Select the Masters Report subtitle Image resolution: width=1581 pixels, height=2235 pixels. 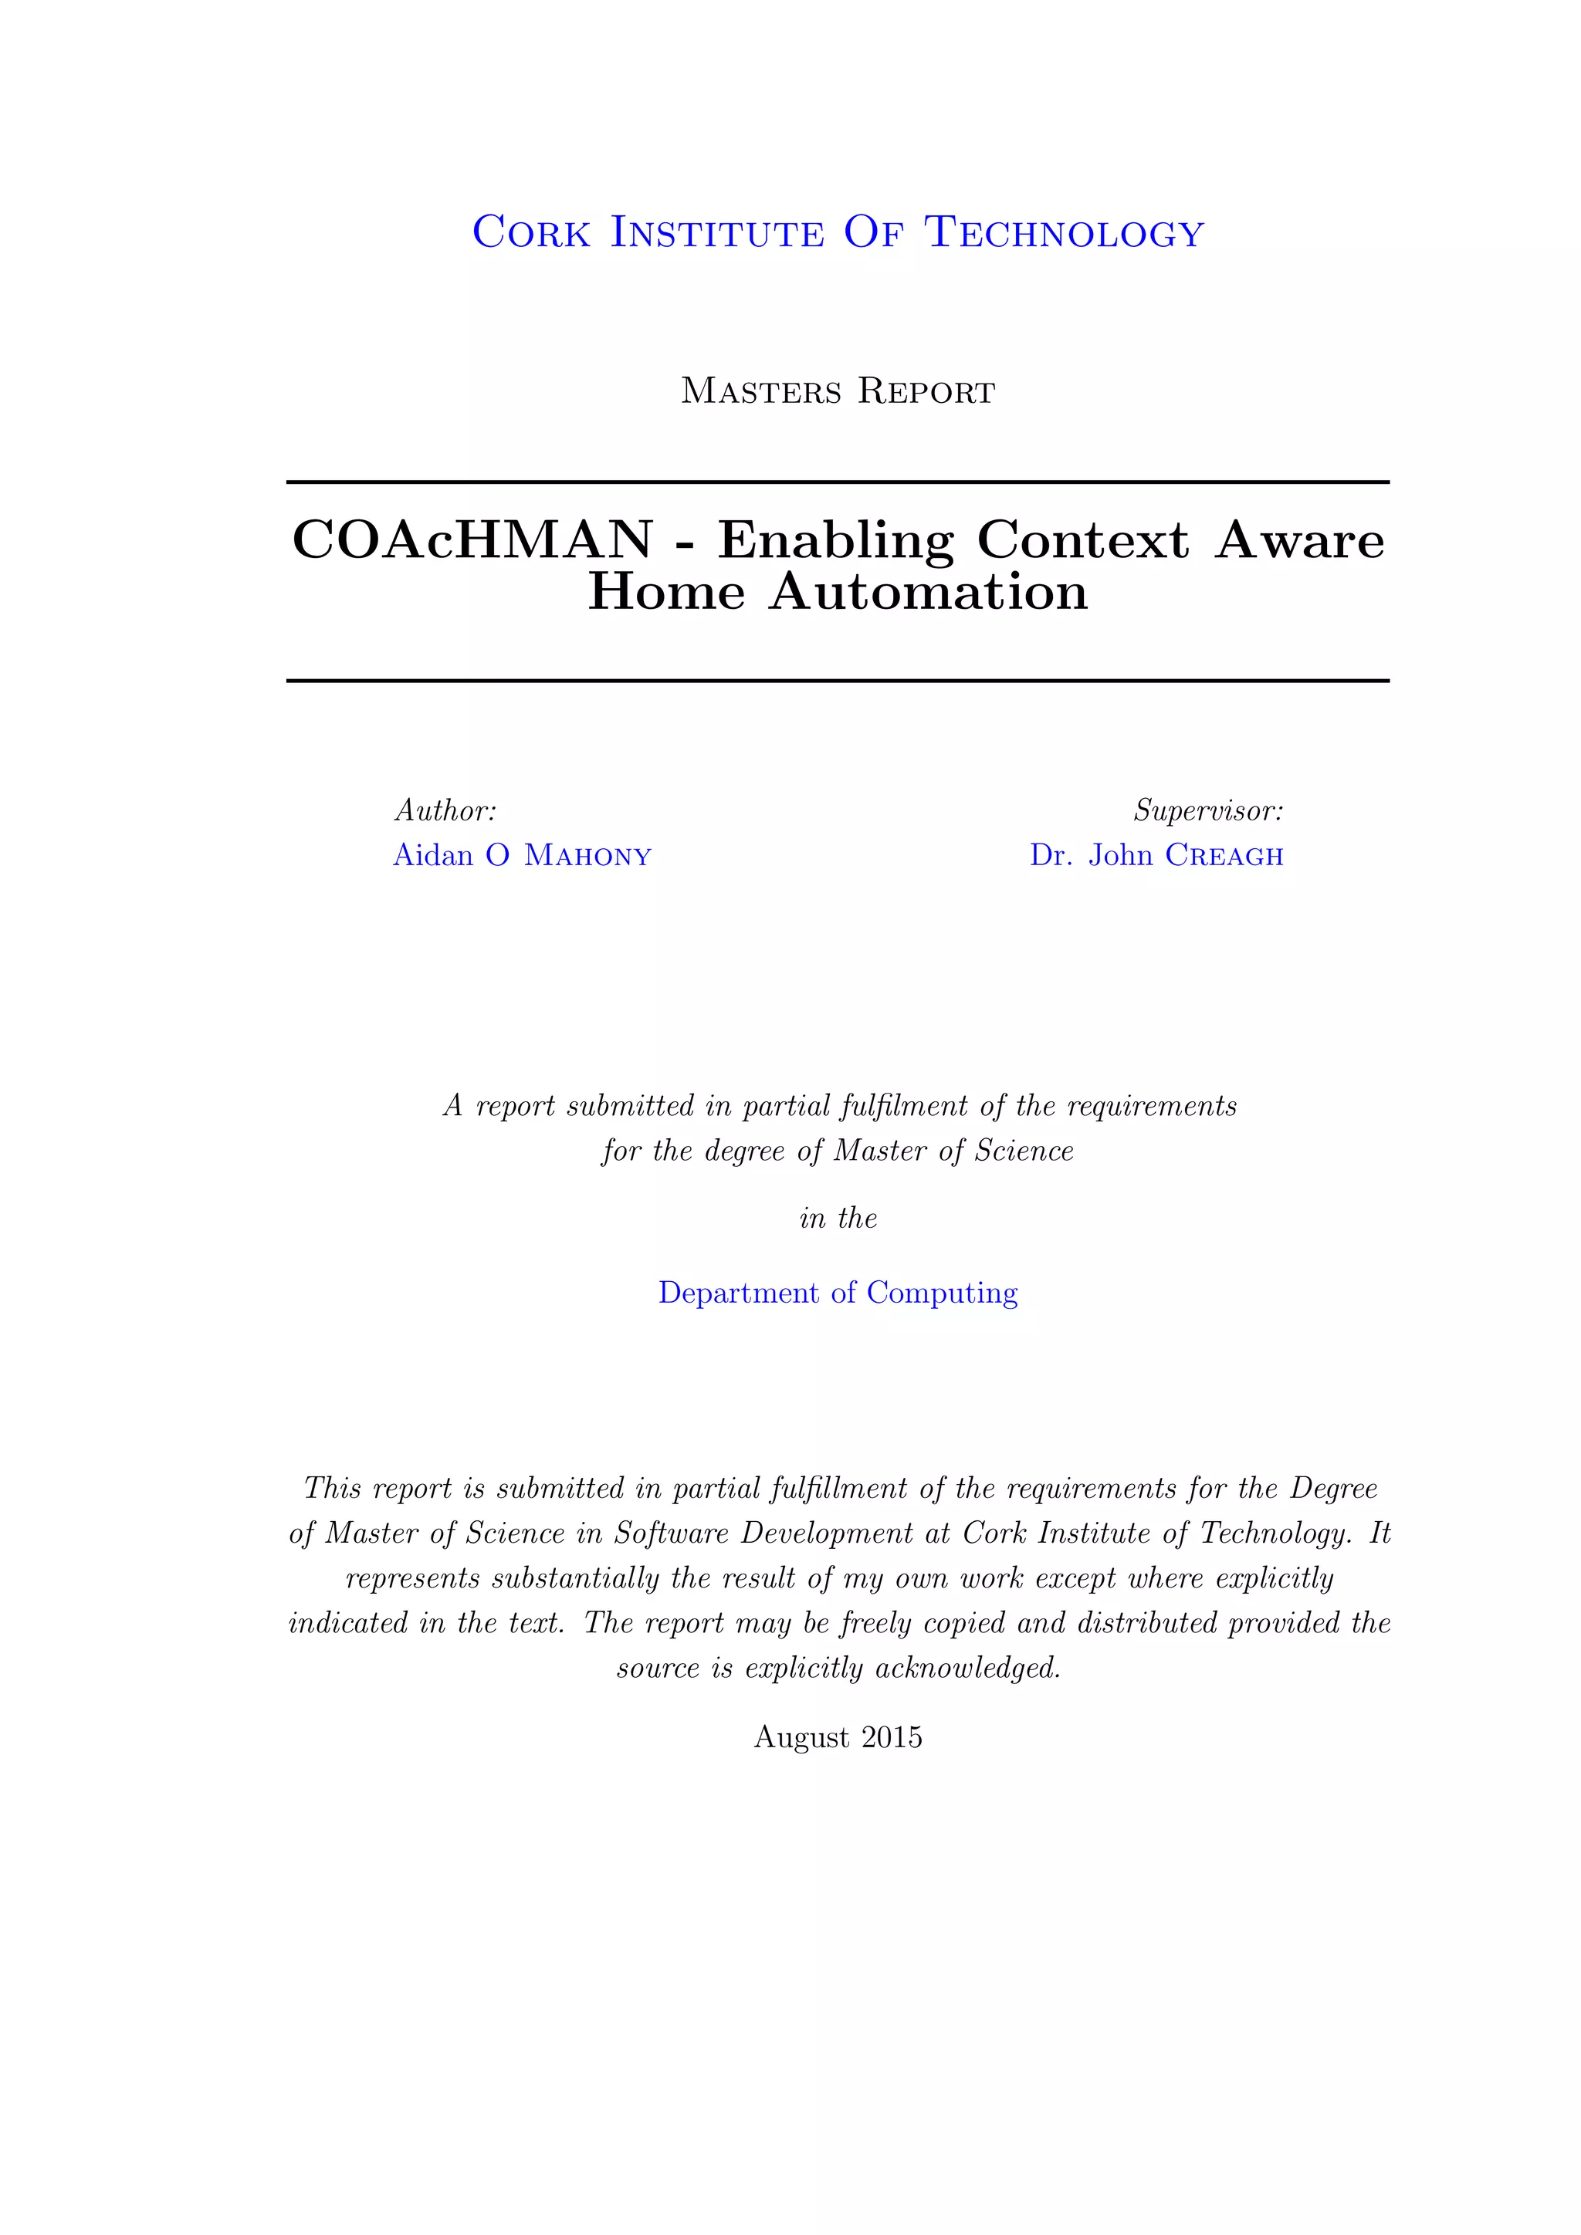(838, 391)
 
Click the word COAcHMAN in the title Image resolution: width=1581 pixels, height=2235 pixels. (473, 540)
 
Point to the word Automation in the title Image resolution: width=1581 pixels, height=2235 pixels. (928, 592)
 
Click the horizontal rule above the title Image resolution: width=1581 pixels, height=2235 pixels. (838, 482)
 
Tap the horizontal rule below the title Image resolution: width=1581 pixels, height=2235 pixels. (838, 681)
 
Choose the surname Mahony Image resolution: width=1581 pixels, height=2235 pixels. (588, 856)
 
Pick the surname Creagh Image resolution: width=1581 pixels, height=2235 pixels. (1224, 856)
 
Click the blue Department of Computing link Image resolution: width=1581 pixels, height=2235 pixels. (838, 1293)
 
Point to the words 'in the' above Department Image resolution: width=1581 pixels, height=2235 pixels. (838, 1219)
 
